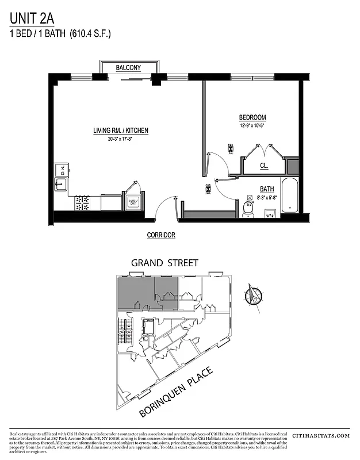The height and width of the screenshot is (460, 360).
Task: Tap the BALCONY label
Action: click(x=128, y=68)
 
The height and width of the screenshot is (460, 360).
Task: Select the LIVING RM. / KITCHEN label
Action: click(x=121, y=131)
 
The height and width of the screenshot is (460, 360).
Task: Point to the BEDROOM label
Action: click(x=252, y=118)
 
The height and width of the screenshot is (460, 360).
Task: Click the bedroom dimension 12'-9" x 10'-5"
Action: click(x=252, y=125)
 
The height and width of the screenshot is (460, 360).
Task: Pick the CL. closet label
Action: click(x=264, y=166)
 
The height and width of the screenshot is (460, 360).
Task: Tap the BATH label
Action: click(x=266, y=189)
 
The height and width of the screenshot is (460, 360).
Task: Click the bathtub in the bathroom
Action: click(x=288, y=195)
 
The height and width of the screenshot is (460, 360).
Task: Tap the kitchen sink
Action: click(x=61, y=185)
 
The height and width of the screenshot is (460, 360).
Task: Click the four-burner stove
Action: click(x=82, y=202)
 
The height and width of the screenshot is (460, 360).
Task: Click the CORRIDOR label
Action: click(x=161, y=235)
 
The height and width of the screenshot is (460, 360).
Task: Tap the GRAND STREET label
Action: click(x=164, y=263)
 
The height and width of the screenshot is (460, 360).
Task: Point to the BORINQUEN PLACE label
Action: click(x=176, y=392)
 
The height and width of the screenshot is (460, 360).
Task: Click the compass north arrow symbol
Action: click(x=251, y=295)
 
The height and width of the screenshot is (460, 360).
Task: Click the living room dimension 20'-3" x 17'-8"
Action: click(x=121, y=139)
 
